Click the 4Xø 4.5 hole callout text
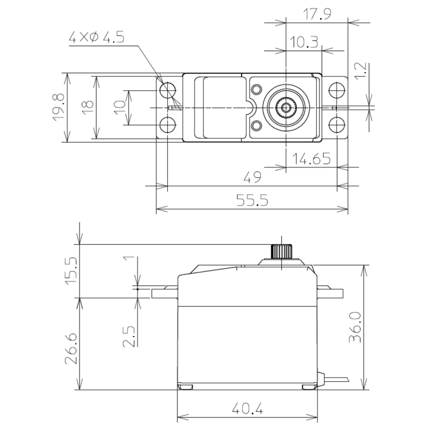pyautogui.click(x=96, y=38)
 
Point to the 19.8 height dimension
pyautogui.click(x=58, y=107)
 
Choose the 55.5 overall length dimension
pyautogui.click(x=252, y=201)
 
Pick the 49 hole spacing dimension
pyautogui.click(x=252, y=178)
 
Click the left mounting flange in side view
pyautogui.click(x=165, y=293)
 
